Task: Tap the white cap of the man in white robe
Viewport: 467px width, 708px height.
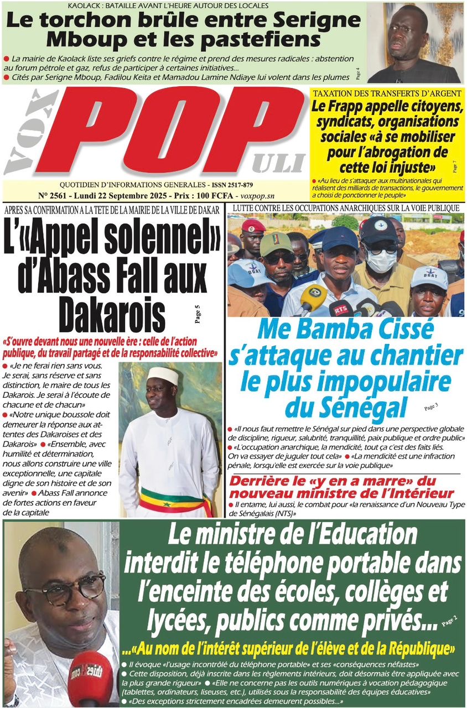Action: tap(163, 376)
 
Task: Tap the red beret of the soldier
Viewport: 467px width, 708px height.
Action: tap(253, 226)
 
